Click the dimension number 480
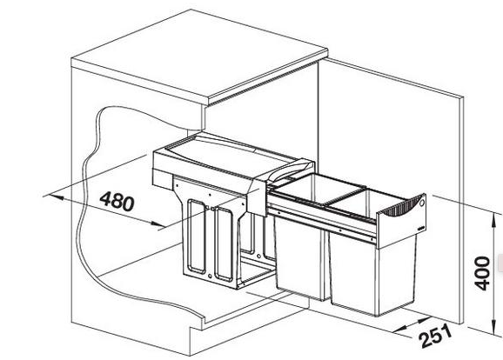click(117, 201)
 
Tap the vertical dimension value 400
click(482, 273)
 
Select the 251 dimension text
click(436, 336)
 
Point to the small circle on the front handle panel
click(422, 203)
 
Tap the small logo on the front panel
click(421, 228)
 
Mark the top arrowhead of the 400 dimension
click(493, 218)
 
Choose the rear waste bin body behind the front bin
click(300, 257)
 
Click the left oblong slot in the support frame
click(197, 237)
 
